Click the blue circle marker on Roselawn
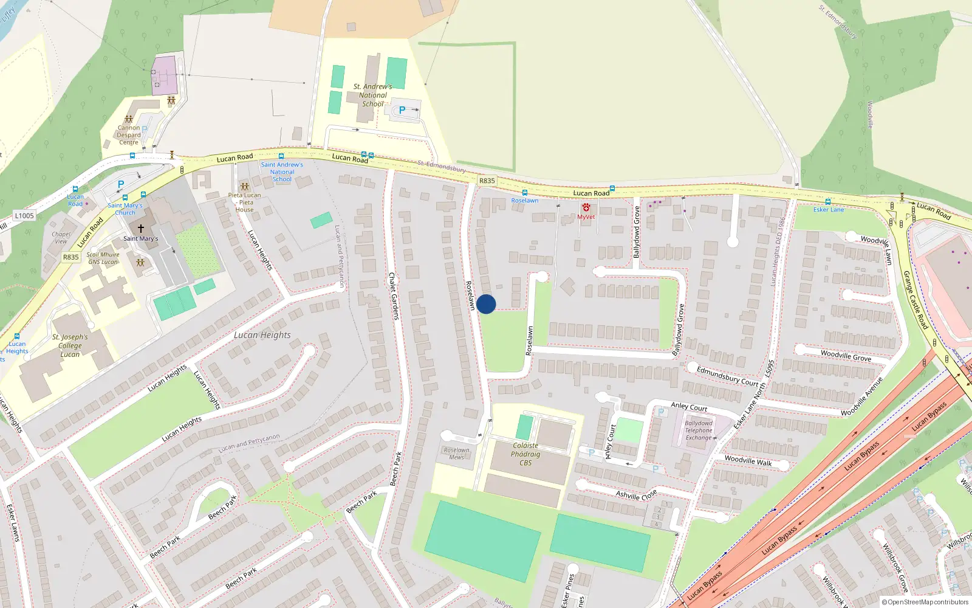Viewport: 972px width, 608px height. [x=486, y=304]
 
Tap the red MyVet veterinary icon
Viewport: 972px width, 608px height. [x=586, y=208]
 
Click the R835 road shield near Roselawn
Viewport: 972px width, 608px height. [x=487, y=181]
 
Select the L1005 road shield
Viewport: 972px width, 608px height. [x=24, y=216]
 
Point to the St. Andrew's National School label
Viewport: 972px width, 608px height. [x=373, y=95]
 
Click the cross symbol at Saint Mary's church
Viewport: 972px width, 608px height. [x=141, y=229]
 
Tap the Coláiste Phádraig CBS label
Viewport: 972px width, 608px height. [x=525, y=454]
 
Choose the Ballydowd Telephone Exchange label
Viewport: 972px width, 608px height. [x=699, y=430]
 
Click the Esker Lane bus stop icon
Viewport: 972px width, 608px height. [x=827, y=202]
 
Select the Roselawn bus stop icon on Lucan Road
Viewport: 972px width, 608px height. [x=524, y=193]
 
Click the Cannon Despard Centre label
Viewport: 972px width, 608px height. [x=129, y=135]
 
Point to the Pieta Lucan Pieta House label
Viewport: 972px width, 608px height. [x=245, y=202]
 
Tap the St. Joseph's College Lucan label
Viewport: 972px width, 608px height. [x=70, y=345]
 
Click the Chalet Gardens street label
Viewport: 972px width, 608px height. [x=394, y=296]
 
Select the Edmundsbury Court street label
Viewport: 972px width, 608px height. [x=728, y=376]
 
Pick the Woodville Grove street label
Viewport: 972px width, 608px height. [x=846, y=356]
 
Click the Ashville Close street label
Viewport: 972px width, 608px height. [x=636, y=494]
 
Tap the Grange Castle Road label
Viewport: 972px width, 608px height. [x=916, y=300]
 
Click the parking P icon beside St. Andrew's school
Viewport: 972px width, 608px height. [x=402, y=110]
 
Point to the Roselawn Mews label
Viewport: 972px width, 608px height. [x=456, y=454]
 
